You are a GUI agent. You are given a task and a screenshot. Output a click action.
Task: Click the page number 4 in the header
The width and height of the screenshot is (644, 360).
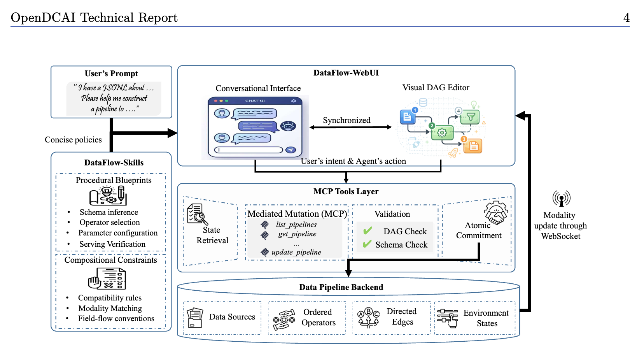click(x=626, y=18)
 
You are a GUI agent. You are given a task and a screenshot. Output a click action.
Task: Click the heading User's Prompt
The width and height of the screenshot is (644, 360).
click(x=111, y=74)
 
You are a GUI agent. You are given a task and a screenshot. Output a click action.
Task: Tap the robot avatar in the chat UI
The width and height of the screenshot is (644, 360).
click(x=288, y=126)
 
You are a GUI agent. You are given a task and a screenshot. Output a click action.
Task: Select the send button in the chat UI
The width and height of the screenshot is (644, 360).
click(x=290, y=149)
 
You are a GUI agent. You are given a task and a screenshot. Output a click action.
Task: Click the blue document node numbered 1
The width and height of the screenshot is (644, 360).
click(x=408, y=116)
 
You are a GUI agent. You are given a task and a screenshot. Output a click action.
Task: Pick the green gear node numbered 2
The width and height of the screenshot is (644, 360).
click(x=442, y=132)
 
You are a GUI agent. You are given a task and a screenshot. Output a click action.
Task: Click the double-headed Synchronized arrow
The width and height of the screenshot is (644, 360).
click(x=350, y=127)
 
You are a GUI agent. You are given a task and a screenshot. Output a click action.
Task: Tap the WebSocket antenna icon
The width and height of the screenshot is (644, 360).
click(x=561, y=198)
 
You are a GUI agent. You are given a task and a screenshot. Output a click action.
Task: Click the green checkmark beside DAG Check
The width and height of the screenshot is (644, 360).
click(x=368, y=230)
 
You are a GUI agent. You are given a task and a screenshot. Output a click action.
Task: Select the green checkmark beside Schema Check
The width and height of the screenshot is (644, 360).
click(x=367, y=244)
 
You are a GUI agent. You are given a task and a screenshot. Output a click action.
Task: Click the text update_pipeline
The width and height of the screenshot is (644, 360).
click(x=296, y=252)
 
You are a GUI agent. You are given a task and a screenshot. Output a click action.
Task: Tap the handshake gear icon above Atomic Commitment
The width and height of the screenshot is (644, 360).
click(x=496, y=212)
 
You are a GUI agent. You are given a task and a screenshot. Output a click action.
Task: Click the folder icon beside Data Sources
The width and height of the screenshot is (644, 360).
click(x=194, y=318)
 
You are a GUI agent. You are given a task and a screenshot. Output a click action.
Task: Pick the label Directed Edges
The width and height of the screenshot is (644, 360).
click(x=402, y=316)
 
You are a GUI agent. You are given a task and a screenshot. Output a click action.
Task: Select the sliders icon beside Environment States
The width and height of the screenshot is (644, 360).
click(x=448, y=318)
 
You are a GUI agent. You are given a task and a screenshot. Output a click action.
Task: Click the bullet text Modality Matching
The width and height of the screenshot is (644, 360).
click(x=110, y=309)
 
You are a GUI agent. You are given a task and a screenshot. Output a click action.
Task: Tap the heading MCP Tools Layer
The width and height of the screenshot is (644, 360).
click(x=346, y=191)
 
